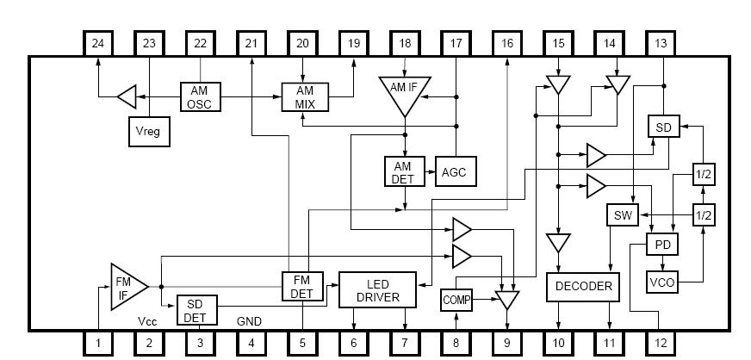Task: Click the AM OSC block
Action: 201,96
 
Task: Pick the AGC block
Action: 453,172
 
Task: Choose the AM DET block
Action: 404,172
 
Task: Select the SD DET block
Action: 196,308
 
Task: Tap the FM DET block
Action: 302,286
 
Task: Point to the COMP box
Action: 456,300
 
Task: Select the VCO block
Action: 663,282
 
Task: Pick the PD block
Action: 663,245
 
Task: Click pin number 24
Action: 98,43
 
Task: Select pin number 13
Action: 661,43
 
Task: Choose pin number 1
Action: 98,344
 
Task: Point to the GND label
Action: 250,320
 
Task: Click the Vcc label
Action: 147,320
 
